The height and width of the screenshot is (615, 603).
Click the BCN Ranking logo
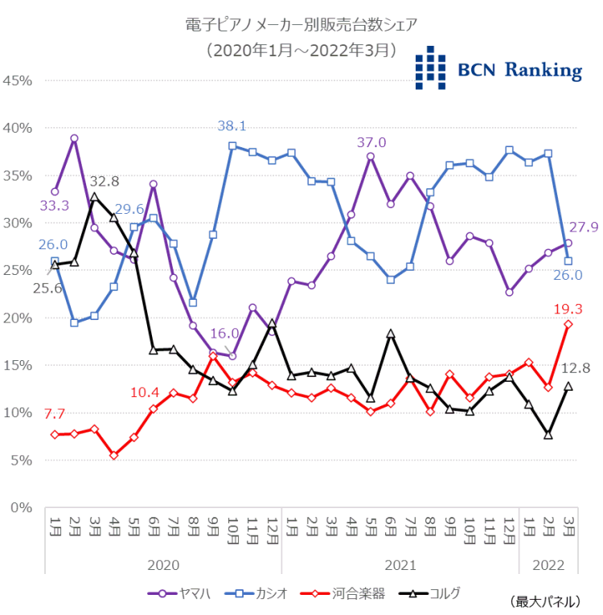point(498,68)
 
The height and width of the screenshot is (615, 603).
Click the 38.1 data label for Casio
point(232,126)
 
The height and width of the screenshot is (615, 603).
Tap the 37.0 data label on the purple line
point(371,142)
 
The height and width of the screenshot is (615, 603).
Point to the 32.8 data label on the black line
point(105,181)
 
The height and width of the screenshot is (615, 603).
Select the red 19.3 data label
point(568,309)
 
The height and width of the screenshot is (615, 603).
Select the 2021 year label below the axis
point(400,565)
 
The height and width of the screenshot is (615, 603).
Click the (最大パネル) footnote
point(544,601)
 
